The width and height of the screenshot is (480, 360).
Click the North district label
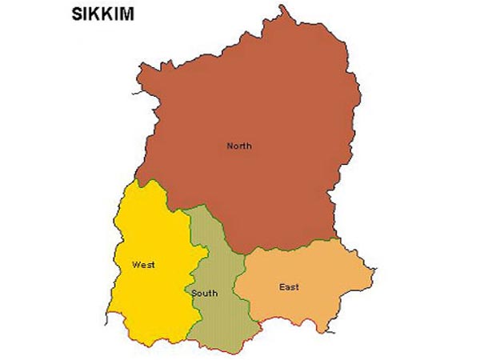pos(238,146)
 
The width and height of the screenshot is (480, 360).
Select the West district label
pos(144,263)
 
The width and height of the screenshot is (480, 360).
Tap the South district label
pos(204,294)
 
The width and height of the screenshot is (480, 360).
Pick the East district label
pos(290,286)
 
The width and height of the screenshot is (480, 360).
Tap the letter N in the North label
pos(230,146)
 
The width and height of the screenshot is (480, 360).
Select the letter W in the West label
pos(136,263)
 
